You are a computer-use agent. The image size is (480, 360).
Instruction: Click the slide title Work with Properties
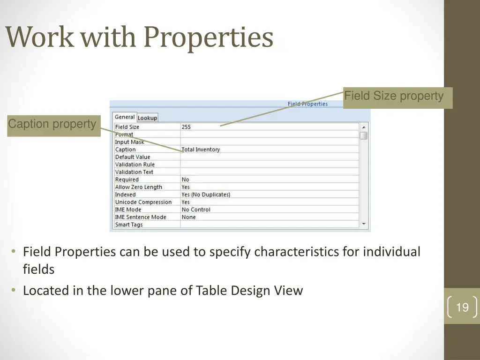pos(139,37)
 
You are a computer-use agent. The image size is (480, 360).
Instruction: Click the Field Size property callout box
pos(397,97)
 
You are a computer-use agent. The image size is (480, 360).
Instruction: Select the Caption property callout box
pos(53,125)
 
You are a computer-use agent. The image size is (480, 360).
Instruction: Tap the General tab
pos(125,117)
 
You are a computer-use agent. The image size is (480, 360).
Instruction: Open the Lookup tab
pos(147,118)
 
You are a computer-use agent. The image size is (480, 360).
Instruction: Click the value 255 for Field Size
pos(187,127)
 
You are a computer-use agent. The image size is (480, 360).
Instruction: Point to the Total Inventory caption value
pos(201,150)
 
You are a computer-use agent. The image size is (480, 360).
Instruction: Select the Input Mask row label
pos(130,142)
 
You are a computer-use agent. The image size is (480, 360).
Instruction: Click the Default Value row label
pos(133,157)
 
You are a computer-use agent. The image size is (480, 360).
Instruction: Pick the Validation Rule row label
pos(135,165)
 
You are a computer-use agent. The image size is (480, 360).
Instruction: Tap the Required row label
pos(127,180)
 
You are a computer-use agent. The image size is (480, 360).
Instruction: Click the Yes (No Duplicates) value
pos(206,195)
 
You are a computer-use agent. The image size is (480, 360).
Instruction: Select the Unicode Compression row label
pos(143,202)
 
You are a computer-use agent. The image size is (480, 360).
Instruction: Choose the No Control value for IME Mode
pos(196,210)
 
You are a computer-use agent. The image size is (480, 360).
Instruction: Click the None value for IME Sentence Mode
pos(189,217)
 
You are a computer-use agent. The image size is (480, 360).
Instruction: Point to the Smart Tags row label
pos(129,225)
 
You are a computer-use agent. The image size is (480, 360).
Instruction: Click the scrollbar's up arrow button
pos(364,127)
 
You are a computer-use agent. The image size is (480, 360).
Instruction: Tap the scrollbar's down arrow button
pos(364,224)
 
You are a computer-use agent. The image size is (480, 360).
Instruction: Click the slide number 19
pos(462,307)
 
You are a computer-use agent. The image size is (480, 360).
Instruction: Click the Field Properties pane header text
pos(307,104)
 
